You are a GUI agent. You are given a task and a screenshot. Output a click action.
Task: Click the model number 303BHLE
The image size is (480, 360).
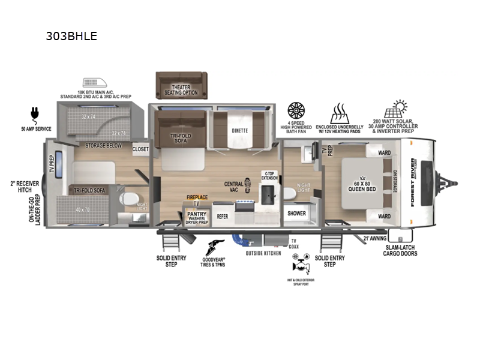pos(71,36)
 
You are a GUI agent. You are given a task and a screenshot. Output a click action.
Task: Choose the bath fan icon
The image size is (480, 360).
pos(296,110)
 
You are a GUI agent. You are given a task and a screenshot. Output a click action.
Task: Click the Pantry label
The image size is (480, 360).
pos(197,214)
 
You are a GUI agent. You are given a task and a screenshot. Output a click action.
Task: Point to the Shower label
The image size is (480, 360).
pos(296,214)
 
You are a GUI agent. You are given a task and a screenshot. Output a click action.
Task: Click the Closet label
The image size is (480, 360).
pos(140,149)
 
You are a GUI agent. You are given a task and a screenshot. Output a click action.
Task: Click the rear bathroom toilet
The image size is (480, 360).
pos(128,199)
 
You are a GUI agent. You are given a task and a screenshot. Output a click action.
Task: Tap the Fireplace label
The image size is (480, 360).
pos(197,197)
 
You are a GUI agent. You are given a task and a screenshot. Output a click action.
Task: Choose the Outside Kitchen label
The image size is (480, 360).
pos(263,253)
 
